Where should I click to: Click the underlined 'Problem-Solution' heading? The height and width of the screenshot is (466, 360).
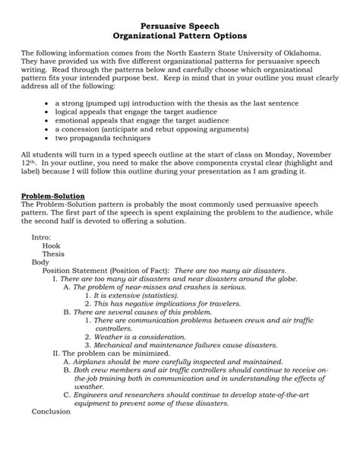click(x=53, y=196)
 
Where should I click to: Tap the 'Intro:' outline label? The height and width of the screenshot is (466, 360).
click(x=41, y=237)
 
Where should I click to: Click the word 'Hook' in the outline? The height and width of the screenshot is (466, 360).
click(x=51, y=246)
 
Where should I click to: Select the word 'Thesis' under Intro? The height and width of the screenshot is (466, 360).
click(x=53, y=254)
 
